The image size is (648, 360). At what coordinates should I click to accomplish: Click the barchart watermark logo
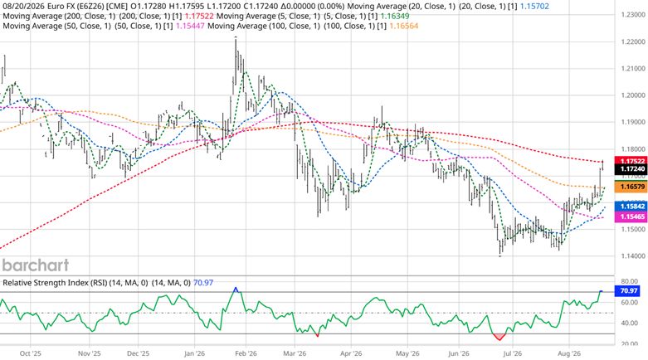36,265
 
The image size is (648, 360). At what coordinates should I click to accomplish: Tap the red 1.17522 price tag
631,161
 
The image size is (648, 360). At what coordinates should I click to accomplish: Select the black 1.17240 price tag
631,169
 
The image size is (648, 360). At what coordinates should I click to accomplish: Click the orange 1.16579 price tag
631,187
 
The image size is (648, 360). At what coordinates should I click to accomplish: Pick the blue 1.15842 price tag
631,207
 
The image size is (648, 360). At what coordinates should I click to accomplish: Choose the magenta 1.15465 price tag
631,216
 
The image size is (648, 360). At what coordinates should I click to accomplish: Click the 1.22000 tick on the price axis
634,41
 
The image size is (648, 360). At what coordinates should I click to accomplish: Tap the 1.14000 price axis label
634,255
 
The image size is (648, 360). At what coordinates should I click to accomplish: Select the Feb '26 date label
246,354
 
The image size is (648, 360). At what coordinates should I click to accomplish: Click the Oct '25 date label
31,354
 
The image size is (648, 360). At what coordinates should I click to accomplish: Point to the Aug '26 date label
569,354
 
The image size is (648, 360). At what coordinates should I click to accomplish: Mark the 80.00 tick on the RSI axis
630,281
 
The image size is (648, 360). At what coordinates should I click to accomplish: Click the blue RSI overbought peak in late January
236,289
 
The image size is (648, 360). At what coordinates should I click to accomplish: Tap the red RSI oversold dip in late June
499,337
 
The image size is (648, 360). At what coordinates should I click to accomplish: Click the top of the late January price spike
236,37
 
